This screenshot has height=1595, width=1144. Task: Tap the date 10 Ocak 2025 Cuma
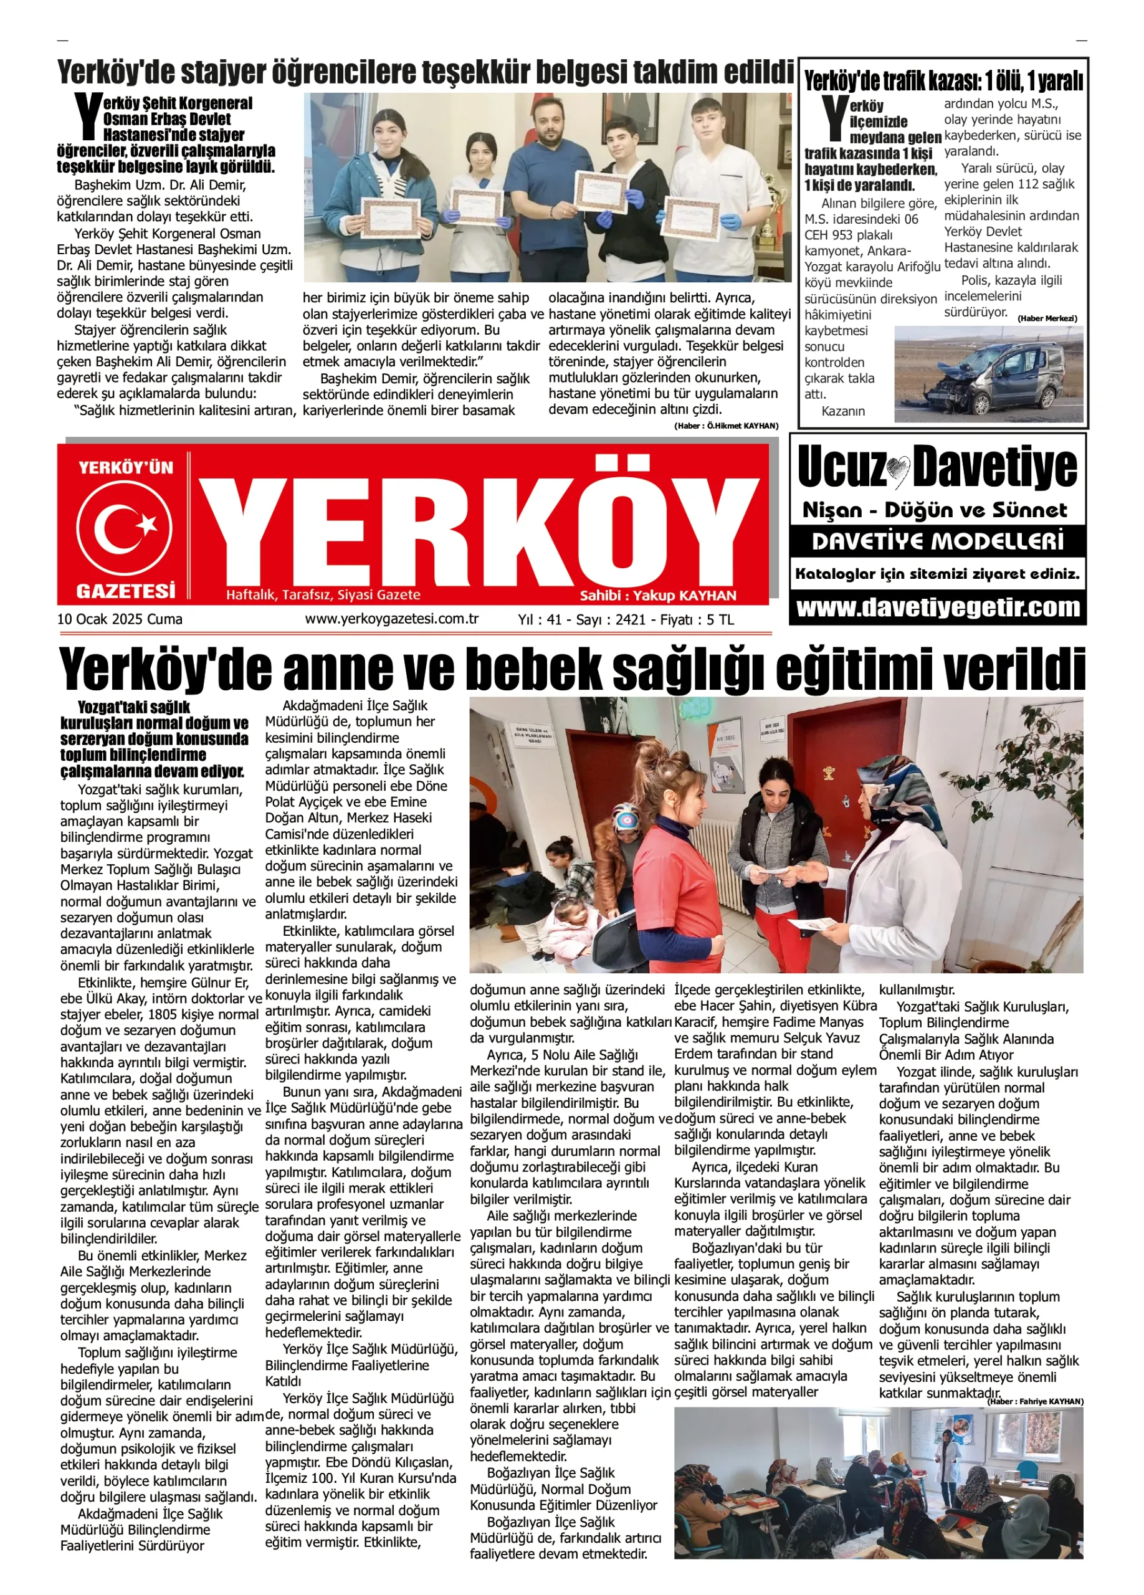120,619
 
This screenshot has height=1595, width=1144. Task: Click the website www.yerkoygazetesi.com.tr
392,619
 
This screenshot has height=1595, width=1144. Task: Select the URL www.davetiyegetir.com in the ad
938,607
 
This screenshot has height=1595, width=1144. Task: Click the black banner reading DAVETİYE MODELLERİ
938,541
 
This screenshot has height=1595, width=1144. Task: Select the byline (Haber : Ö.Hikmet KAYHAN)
726,426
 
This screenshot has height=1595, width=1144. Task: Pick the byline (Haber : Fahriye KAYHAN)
1035,1402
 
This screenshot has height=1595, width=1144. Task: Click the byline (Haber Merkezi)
1047,318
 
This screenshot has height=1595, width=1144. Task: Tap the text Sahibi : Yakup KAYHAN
657,596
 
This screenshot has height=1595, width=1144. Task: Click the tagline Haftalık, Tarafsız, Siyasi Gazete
323,596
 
